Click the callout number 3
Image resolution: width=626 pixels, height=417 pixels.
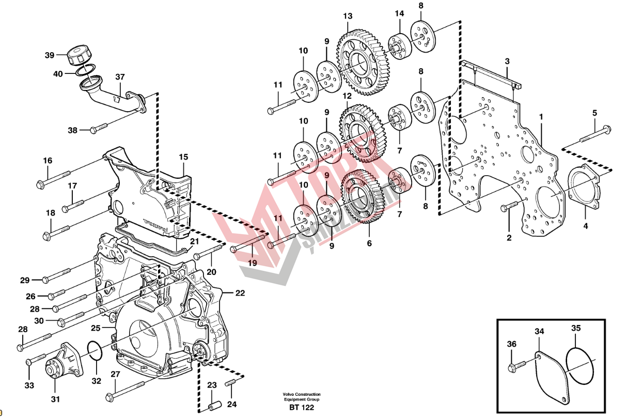point(507,61)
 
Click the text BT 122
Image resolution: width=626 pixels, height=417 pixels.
point(302,407)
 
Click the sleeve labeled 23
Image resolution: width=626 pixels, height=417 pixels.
point(212,405)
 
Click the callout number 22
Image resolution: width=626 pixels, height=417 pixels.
point(240,293)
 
